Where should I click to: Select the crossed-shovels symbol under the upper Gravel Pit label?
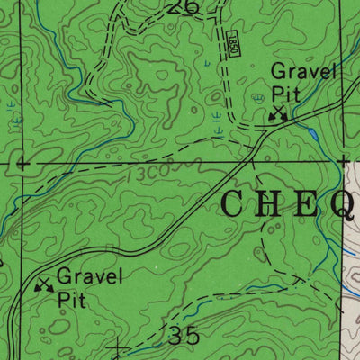point(279,112)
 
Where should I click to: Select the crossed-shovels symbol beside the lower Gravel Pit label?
point(42,285)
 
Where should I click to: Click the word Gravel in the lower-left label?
point(89,277)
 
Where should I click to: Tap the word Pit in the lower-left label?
point(72,299)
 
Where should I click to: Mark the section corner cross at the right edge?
point(342,162)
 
